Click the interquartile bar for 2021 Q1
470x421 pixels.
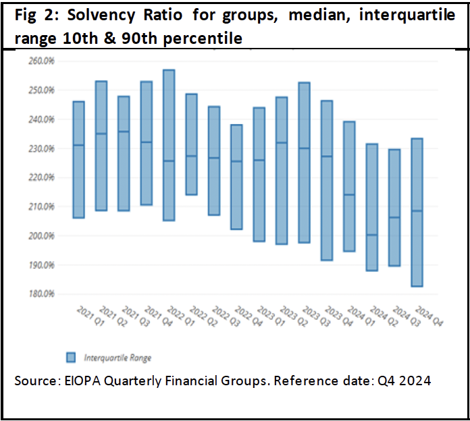point(78,160)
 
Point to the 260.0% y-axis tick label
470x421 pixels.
point(42,61)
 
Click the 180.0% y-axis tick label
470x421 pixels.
point(42,294)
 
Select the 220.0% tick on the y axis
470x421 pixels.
point(42,177)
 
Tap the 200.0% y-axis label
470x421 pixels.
point(42,236)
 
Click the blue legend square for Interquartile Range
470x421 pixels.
point(71,357)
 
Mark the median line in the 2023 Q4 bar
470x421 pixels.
point(327,157)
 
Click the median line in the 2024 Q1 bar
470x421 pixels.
point(349,195)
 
